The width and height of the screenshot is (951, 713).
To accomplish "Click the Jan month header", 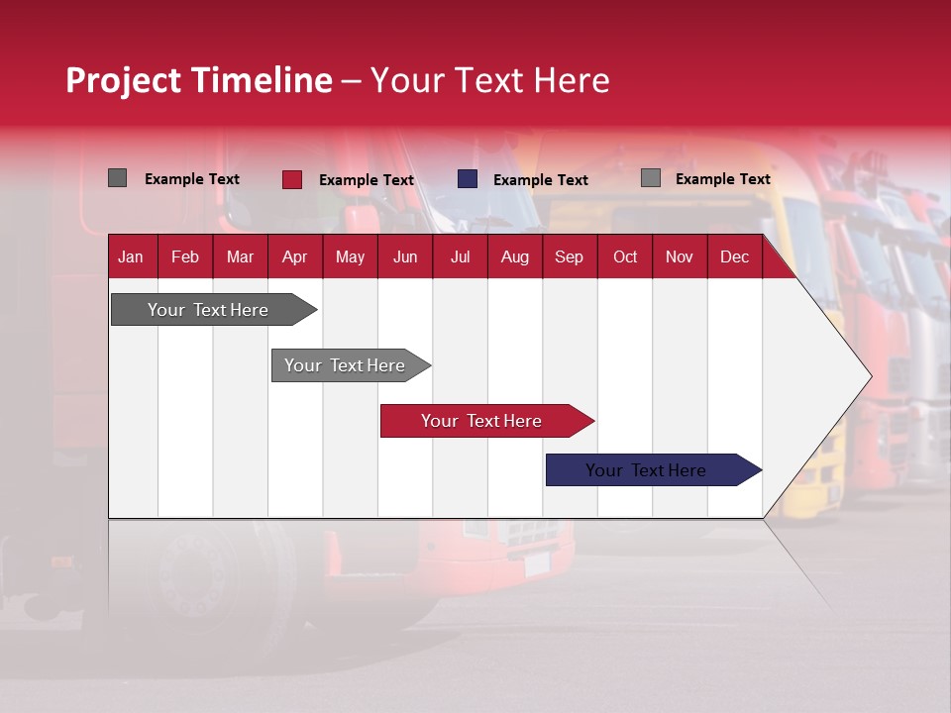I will click(x=131, y=256).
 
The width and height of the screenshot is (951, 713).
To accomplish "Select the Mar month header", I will click(x=240, y=256).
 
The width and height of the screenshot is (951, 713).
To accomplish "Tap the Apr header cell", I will click(x=294, y=256).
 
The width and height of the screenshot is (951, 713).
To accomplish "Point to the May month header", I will click(x=350, y=256).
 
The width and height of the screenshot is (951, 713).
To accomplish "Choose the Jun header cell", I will click(x=405, y=256).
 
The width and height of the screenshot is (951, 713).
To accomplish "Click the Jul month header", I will click(x=460, y=256).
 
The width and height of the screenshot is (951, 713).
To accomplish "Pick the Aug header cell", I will click(x=514, y=256).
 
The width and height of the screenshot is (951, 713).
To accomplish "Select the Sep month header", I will click(x=569, y=256).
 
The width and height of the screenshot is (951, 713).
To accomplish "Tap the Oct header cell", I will click(x=625, y=256).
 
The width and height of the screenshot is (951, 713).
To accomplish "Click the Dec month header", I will click(x=734, y=256).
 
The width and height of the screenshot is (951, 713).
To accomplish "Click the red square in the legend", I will click(x=292, y=179).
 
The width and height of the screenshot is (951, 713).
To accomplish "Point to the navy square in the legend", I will click(x=468, y=179).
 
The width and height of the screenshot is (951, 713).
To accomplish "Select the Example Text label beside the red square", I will click(x=366, y=180).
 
